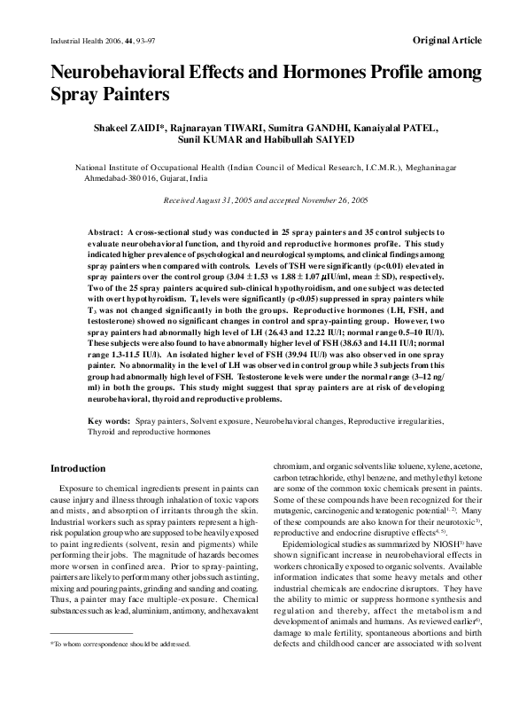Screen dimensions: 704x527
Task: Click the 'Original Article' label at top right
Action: click(x=447, y=41)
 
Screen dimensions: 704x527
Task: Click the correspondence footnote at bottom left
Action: click(x=120, y=669)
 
